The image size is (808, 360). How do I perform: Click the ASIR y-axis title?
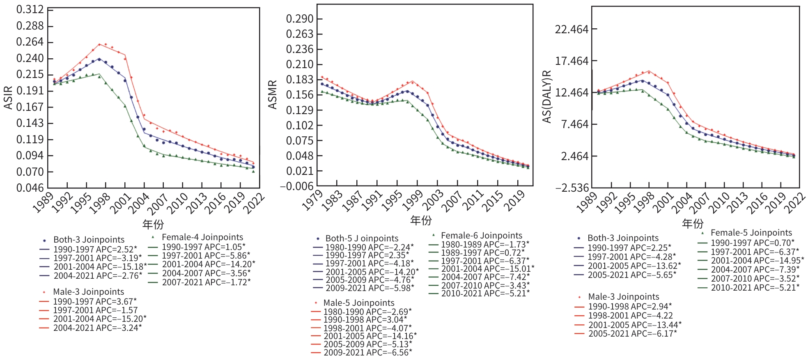click(x=8, y=98)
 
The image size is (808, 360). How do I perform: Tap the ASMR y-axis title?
click(x=273, y=95)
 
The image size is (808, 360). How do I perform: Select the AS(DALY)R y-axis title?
click(x=546, y=96)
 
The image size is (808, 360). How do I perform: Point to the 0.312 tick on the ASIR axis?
click(x=30, y=9)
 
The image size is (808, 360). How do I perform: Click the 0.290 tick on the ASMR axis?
click(x=300, y=19)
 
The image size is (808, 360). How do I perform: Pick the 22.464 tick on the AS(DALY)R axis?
click(x=572, y=30)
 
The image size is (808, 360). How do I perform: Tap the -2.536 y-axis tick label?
click(x=572, y=188)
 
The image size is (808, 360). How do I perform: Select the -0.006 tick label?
click(x=297, y=186)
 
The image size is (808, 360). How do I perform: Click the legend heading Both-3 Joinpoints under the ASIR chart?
click(x=89, y=240)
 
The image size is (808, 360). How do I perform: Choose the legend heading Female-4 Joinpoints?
click(x=202, y=237)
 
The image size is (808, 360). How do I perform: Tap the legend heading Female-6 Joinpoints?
click(x=482, y=236)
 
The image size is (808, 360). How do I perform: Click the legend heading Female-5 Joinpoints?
click(x=751, y=233)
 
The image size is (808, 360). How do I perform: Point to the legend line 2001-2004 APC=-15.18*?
click(x=100, y=267)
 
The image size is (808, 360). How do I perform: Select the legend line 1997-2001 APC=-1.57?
click(x=95, y=310)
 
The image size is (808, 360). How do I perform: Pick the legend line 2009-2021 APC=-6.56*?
click(x=367, y=353)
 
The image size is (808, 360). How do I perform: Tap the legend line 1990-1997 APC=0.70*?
click(x=753, y=243)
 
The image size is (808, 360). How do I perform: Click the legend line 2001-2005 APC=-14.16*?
click(x=370, y=336)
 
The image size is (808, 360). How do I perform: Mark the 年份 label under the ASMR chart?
click(x=421, y=220)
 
